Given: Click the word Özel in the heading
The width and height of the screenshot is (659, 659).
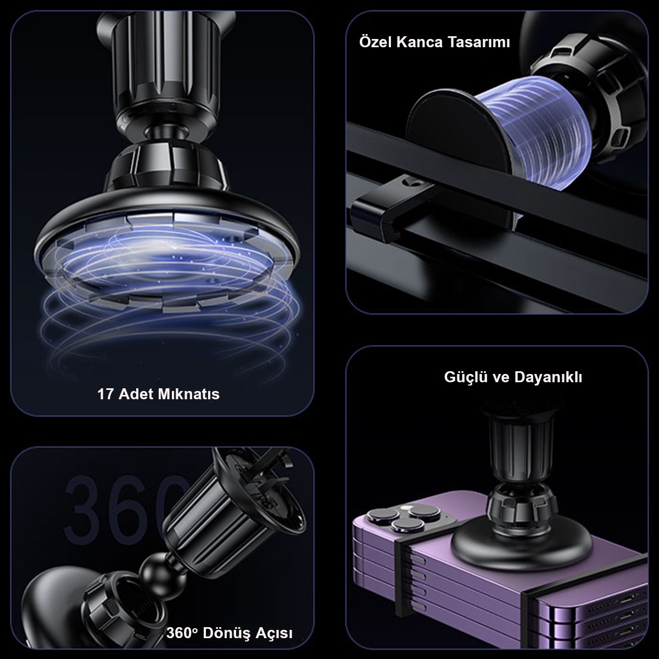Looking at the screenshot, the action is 375,42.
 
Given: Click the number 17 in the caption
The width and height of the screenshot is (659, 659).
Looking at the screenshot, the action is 105,394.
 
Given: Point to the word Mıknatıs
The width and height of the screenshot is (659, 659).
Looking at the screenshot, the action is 189,394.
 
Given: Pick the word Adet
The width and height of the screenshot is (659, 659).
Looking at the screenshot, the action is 136,394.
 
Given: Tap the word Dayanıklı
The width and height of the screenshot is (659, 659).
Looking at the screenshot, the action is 548,377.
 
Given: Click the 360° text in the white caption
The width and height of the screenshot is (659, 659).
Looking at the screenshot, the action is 182,633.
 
